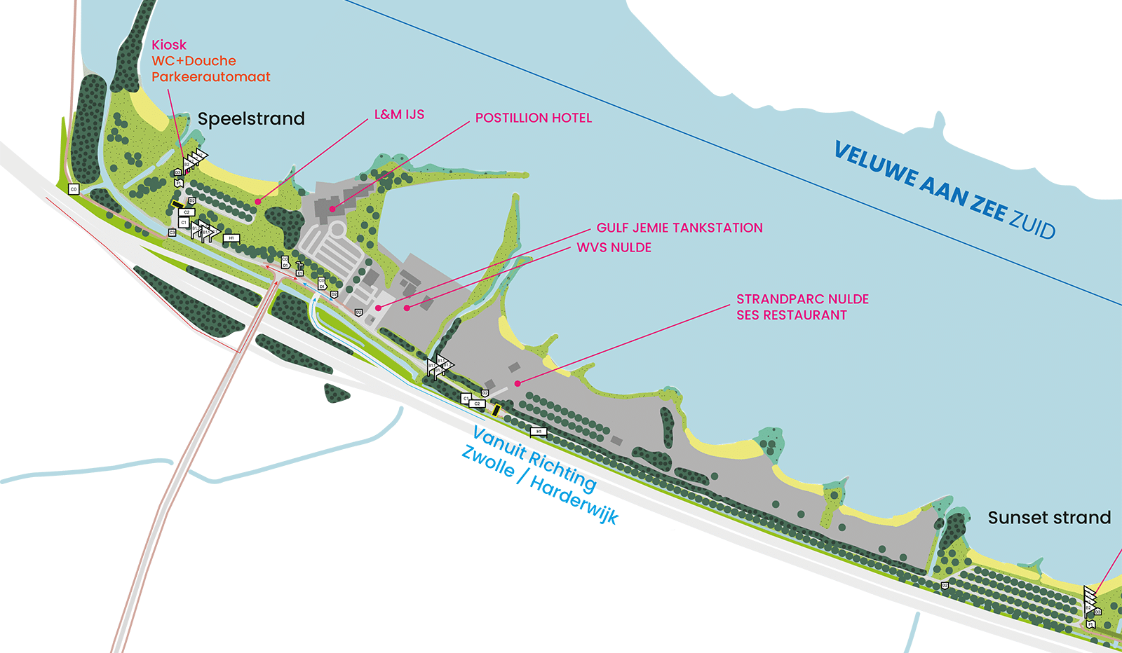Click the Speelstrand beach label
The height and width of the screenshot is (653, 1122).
[x=251, y=118]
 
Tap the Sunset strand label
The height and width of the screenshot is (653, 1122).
[x=1049, y=518]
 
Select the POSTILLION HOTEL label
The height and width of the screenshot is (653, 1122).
[x=534, y=118]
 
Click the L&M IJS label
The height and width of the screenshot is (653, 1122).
[x=399, y=114]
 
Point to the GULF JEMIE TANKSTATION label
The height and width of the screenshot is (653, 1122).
[x=680, y=228]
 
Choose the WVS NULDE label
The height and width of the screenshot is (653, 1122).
[x=614, y=247]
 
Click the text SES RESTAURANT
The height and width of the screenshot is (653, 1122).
[x=792, y=315]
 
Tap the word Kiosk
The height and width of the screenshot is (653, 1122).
[x=169, y=45]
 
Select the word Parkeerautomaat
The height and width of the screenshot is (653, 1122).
[x=211, y=77]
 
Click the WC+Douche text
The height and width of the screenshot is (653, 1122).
[x=194, y=61]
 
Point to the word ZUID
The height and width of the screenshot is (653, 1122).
[x=1032, y=223]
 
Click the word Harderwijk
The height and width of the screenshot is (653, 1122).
[x=574, y=501]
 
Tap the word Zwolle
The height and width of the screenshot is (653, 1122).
[x=488, y=462]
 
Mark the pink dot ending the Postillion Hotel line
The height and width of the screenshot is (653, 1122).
[x=332, y=209]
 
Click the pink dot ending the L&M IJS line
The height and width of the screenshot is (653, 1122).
[x=258, y=202]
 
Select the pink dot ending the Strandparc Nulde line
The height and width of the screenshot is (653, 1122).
[x=518, y=383]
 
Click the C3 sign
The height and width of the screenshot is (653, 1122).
[x=173, y=233]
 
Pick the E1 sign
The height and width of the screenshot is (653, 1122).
[x=299, y=273]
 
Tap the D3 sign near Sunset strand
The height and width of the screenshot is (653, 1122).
[x=1097, y=612]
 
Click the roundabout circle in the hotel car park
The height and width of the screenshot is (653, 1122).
[x=337, y=229]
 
